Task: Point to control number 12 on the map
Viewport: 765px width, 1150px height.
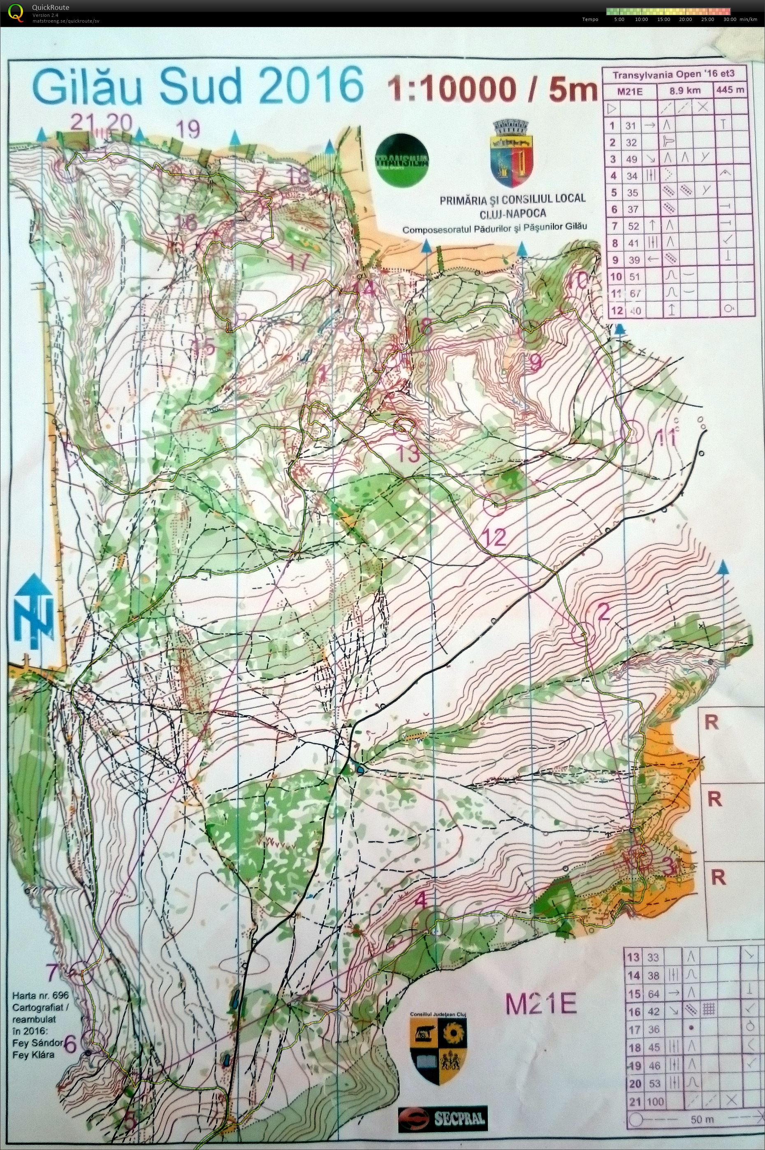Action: (496, 538)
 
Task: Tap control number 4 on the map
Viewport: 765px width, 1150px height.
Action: (421, 901)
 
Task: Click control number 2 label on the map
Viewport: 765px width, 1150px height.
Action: (604, 612)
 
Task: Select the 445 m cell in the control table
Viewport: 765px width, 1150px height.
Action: (730, 90)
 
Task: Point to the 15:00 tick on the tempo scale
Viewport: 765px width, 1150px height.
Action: (663, 19)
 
